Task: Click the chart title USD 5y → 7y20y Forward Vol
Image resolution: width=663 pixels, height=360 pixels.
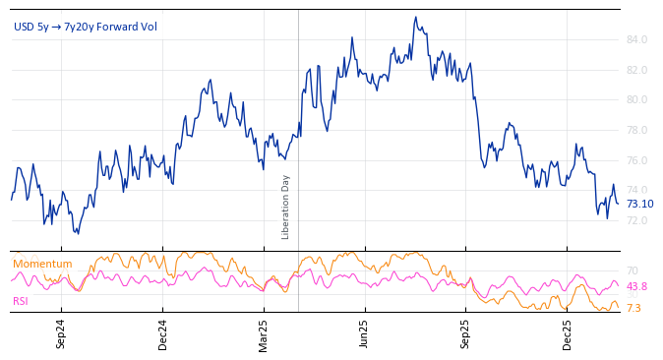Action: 86,27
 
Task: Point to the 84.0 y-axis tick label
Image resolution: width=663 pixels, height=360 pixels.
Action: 635,39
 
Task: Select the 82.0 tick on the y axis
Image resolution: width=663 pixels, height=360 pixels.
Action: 635,70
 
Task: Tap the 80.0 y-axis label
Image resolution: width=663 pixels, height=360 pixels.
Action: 635,99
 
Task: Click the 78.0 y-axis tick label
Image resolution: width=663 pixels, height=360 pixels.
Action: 635,130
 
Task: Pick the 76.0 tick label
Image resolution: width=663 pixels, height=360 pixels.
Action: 635,160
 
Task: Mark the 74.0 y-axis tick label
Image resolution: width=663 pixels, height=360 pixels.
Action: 635,190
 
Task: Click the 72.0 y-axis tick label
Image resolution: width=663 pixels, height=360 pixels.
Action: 635,220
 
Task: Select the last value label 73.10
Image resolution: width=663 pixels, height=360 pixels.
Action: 639,204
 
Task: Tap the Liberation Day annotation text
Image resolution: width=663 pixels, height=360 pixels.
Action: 286,207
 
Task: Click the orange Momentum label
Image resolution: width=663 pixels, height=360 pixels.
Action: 42,264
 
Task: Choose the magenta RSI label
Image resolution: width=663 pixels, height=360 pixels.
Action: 21,301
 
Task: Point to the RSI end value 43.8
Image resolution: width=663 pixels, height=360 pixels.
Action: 636,286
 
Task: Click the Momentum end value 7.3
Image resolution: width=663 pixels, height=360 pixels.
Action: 633,308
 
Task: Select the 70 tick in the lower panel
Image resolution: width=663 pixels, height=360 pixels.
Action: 632,270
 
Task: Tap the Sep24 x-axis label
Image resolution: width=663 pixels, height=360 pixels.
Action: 61,334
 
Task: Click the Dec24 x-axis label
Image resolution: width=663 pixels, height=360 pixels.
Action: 163,334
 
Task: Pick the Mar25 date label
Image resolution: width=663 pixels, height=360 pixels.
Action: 264,334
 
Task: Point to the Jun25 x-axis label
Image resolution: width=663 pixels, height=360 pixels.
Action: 365,334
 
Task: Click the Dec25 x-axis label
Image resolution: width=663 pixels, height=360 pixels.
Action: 568,334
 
